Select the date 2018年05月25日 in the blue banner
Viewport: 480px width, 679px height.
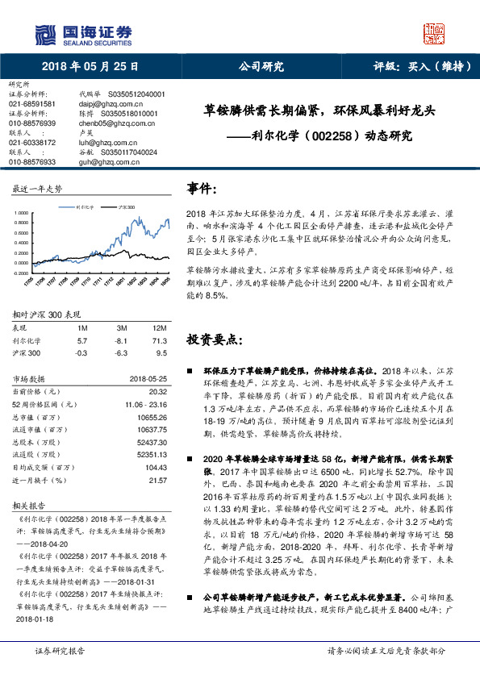[90, 67]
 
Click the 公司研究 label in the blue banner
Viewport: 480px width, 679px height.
[261, 67]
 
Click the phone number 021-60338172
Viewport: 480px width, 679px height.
[32, 142]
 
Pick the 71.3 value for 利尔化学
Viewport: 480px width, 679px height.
[159, 341]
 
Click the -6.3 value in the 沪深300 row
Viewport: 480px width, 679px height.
[122, 352]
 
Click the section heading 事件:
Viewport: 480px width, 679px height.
[202, 188]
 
